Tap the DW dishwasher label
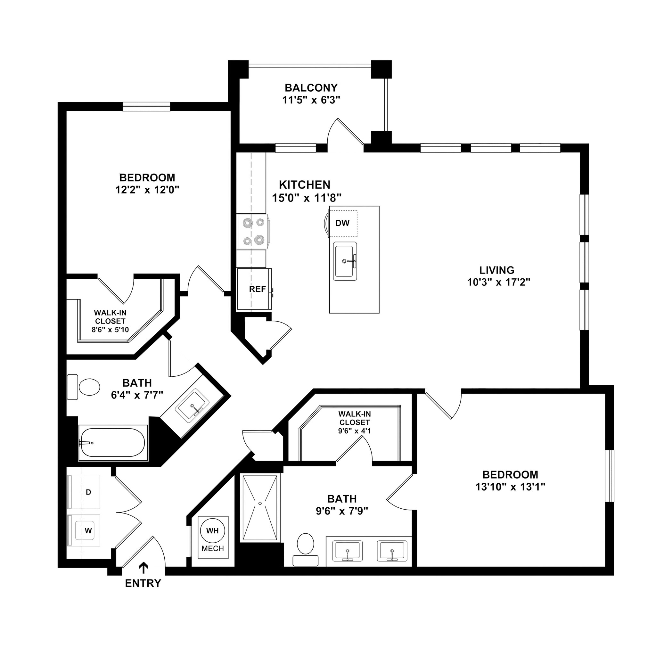342,223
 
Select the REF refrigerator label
258,289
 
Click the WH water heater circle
213,530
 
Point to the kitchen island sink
345,261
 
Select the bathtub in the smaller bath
113,443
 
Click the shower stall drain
260,503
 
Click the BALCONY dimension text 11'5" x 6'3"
311,100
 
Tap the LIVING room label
497,270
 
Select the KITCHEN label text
305,185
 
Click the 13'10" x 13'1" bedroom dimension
510,487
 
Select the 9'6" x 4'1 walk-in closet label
354,431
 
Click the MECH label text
213,548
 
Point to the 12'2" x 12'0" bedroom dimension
147,190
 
